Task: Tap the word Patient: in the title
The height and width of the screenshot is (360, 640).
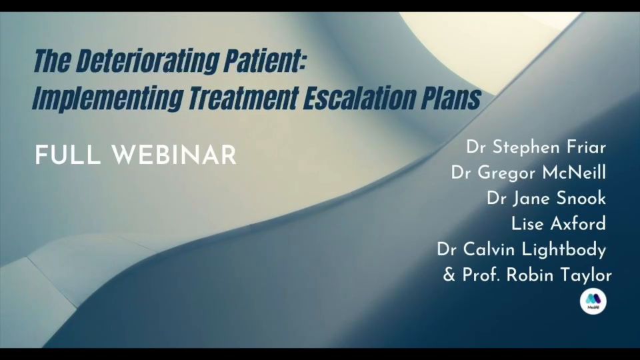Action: click(265, 61)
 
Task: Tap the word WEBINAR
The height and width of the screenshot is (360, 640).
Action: click(174, 155)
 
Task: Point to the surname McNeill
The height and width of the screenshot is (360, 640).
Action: click(574, 173)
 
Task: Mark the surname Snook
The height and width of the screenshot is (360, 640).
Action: click(581, 199)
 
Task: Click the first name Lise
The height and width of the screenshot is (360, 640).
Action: click(526, 224)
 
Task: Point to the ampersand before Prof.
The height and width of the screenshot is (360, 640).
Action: click(449, 275)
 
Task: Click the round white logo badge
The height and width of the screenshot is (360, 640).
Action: click(593, 301)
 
